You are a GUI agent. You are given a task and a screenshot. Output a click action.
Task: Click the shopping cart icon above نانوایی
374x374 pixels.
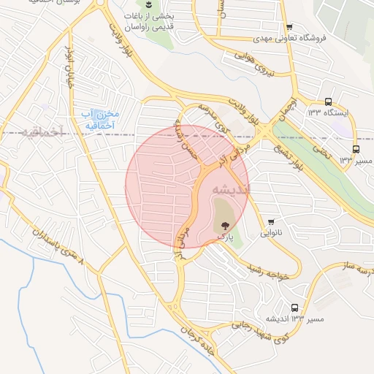coord(272,222)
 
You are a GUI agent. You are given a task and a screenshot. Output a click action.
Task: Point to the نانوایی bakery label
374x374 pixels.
coord(272,234)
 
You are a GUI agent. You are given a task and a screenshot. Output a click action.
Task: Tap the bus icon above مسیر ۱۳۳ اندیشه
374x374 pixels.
coord(294,308)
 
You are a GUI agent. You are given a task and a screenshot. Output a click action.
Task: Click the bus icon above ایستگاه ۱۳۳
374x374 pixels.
coord(328,102)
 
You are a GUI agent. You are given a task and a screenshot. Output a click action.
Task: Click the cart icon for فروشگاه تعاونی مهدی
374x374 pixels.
coord(289,26)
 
